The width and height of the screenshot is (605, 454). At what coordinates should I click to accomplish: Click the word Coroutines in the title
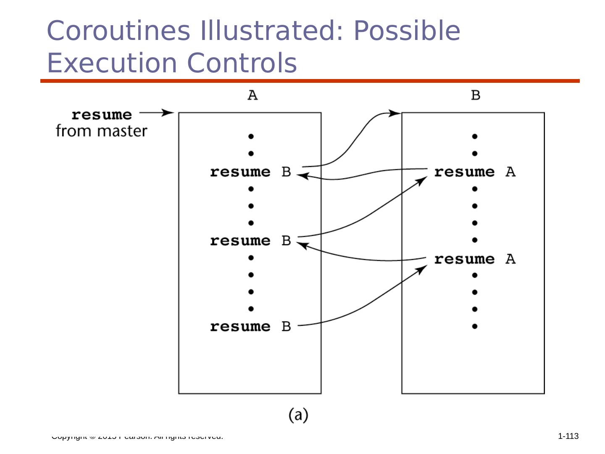(x=118, y=31)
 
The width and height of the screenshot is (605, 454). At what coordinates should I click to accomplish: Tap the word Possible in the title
(x=407, y=31)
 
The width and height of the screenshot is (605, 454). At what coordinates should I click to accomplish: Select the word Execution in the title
(x=112, y=63)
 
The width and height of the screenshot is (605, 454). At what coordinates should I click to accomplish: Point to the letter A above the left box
(x=253, y=95)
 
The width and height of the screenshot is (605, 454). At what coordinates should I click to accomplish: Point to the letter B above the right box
(x=476, y=95)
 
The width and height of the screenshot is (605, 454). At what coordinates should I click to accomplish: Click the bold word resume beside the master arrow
(x=102, y=115)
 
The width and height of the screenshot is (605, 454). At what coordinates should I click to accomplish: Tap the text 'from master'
(x=102, y=131)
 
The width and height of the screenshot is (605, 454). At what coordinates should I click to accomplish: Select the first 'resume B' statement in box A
(x=250, y=172)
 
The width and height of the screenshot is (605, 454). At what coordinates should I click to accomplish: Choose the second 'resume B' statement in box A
(x=250, y=241)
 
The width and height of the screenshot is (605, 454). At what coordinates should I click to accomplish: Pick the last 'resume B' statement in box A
(x=250, y=327)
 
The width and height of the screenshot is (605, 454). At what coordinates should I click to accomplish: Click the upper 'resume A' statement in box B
(x=475, y=172)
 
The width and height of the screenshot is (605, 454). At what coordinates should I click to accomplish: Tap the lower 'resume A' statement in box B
(x=475, y=259)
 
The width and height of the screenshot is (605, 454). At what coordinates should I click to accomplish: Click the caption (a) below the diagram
(x=298, y=415)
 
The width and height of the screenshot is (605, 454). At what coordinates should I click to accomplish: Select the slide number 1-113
(x=568, y=436)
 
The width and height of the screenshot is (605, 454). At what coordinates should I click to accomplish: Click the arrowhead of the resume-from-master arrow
(x=169, y=113)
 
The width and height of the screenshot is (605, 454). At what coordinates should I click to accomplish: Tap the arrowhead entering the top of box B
(x=396, y=113)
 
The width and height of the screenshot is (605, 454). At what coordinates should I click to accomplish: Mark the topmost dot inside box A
(x=251, y=136)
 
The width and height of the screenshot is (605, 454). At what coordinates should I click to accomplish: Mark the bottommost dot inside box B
(x=475, y=326)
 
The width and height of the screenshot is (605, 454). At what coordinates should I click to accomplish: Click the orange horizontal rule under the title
(x=310, y=81)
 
